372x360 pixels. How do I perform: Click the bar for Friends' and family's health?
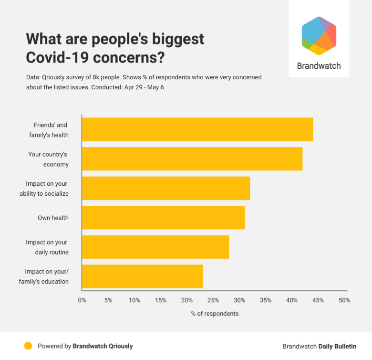197,129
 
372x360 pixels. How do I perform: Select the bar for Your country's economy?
192,159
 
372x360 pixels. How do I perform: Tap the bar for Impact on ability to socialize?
166,188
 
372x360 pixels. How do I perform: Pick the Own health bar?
163,218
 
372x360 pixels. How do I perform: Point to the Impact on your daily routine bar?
155,247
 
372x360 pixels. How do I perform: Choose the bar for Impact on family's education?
142,276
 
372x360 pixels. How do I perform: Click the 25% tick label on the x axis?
213,300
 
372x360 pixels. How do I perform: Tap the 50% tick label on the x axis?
344,300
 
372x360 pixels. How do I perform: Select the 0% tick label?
82,300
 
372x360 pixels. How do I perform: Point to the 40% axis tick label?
292,300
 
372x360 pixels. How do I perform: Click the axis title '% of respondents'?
215,314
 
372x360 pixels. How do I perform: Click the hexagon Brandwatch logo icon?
319,36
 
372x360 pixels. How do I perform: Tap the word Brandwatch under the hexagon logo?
319,66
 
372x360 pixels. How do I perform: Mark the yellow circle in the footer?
28,346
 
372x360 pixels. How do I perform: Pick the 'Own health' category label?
53,218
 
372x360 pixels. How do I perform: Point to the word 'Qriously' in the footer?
117,346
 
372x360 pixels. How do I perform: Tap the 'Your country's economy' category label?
48,159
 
